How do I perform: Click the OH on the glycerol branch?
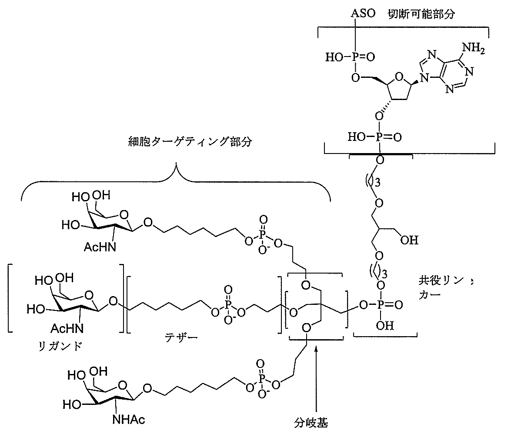410,240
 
